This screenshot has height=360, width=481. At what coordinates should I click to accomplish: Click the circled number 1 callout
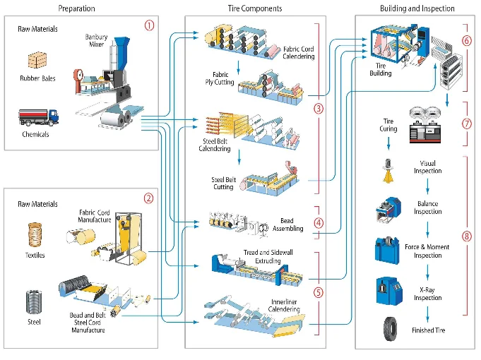point(148,25)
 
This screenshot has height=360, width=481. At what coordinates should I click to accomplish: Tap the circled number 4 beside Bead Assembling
point(319,223)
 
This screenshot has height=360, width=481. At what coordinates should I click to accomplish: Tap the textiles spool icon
point(35,234)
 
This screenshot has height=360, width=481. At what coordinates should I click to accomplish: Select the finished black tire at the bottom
point(388,328)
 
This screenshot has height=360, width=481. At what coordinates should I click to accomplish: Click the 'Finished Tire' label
point(428,330)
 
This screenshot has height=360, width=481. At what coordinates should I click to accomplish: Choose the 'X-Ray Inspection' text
point(428,294)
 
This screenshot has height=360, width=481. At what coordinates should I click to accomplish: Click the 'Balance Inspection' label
point(428,208)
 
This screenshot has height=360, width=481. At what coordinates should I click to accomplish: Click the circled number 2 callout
point(148,198)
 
